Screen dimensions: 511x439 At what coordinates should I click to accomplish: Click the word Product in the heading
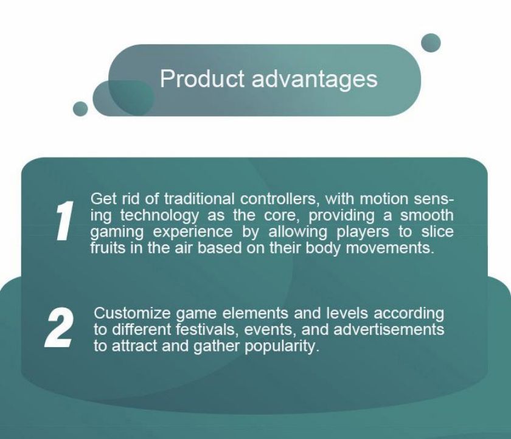202,78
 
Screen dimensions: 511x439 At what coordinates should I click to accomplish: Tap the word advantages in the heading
315,80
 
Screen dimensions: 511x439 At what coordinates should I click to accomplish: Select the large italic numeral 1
64,220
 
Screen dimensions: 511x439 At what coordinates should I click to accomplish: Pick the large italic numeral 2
59,327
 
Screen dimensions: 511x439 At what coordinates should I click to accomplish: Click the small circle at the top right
431,43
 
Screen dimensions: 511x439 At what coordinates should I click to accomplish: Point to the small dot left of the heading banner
80,108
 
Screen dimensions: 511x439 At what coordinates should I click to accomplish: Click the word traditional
199,199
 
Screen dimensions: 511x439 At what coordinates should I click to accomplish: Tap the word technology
159,216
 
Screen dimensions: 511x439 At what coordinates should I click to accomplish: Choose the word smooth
427,215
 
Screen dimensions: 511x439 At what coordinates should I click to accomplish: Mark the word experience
193,232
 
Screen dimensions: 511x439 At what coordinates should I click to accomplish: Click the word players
363,232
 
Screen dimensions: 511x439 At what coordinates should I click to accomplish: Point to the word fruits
107,248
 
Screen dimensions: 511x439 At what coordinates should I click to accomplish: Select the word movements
390,249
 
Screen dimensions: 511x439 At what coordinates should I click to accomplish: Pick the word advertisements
389,330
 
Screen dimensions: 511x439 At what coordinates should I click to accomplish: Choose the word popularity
281,347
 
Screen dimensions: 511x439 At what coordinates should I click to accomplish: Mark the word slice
437,232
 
